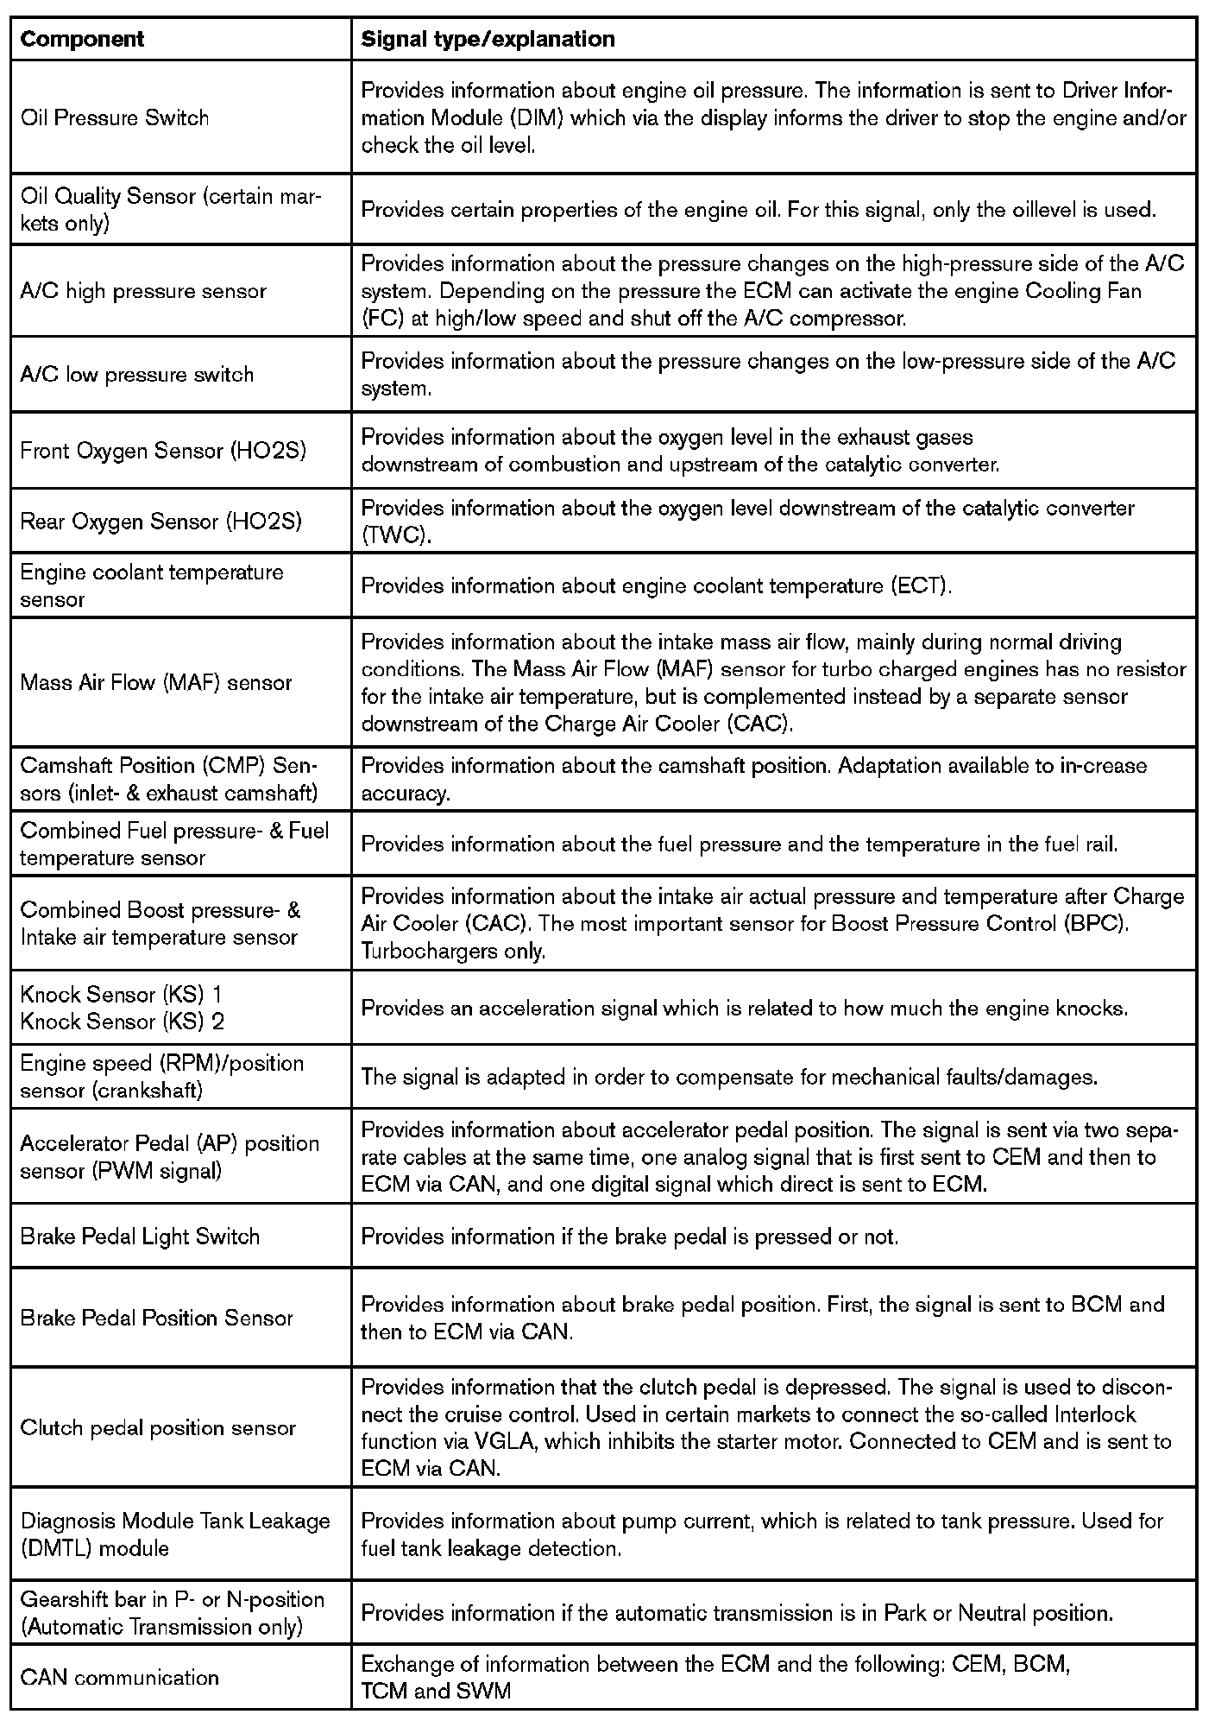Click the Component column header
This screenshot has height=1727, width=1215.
click(x=82, y=39)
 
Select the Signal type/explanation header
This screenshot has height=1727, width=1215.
click(x=488, y=39)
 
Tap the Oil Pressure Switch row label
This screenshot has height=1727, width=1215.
click(x=115, y=117)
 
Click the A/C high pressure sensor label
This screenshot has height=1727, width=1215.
click(x=143, y=291)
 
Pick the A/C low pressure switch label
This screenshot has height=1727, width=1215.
click(x=137, y=375)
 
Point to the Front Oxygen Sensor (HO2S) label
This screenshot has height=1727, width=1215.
click(x=163, y=451)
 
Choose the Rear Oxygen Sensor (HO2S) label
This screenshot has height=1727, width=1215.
click(x=161, y=522)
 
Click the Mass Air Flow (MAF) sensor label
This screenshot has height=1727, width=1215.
click(x=156, y=682)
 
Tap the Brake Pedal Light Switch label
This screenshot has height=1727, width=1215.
click(x=140, y=1237)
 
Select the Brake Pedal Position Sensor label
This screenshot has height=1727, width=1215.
click(x=156, y=1318)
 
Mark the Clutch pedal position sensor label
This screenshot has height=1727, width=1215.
click(x=158, y=1427)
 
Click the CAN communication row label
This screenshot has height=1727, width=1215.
click(x=120, y=1678)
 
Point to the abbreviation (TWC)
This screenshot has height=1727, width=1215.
click(x=395, y=535)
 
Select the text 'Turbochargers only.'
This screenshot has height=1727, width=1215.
click(x=453, y=952)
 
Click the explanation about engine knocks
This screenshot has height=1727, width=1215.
click(x=744, y=1009)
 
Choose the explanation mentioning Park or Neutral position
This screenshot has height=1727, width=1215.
click(x=737, y=1613)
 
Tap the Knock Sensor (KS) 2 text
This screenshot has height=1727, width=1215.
click(x=122, y=1022)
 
